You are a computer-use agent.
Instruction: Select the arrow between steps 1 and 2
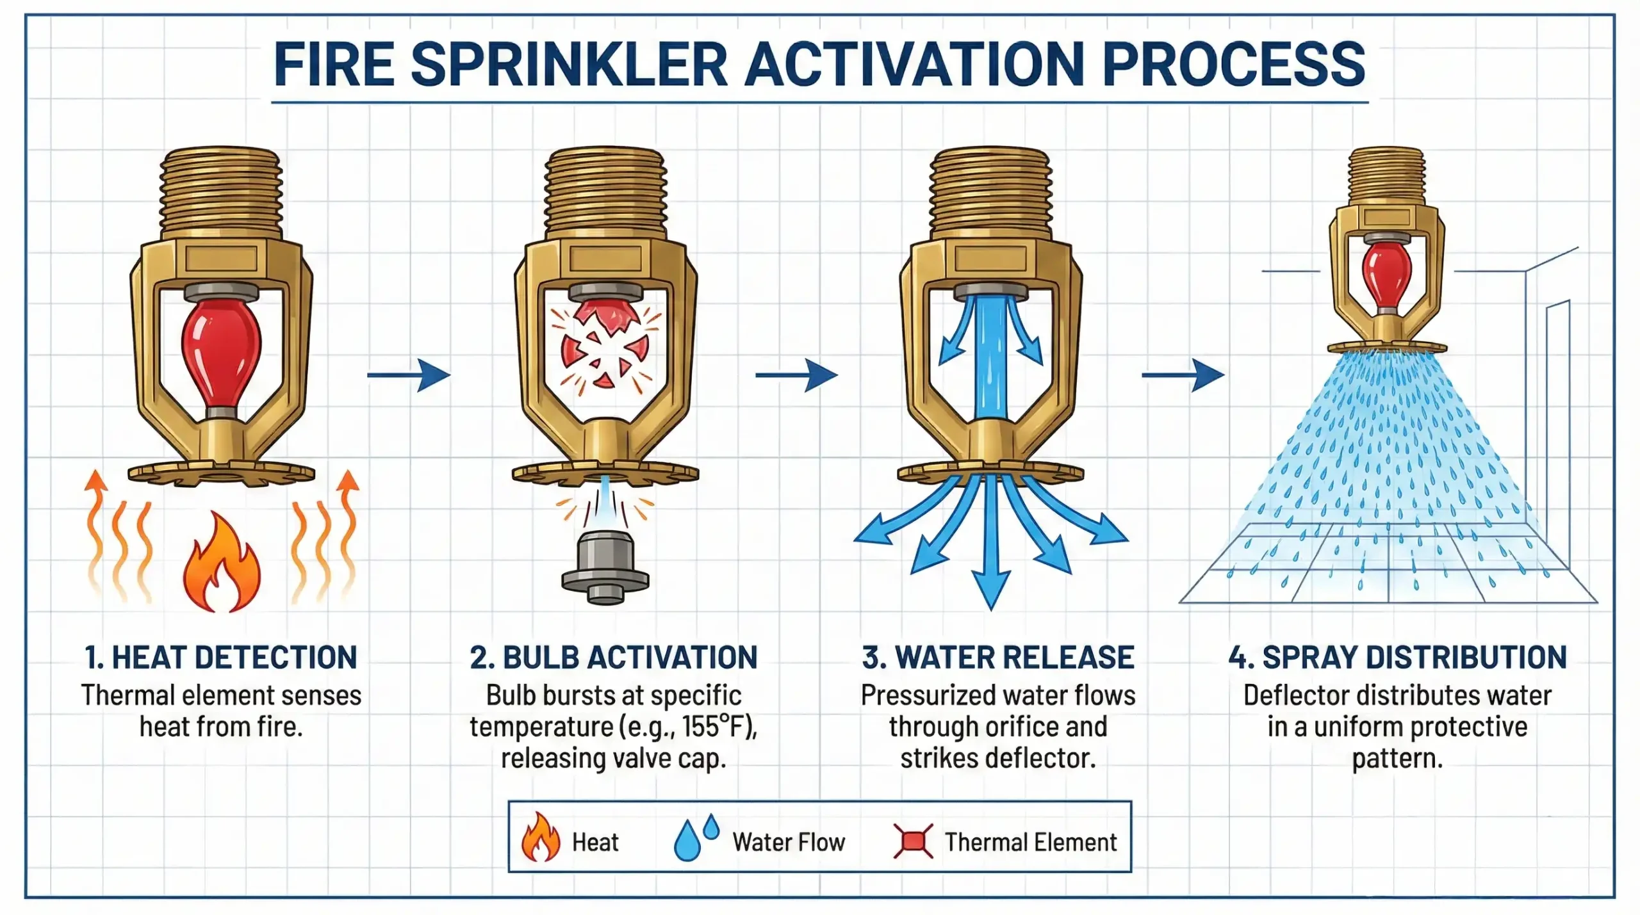pyautogui.click(x=410, y=375)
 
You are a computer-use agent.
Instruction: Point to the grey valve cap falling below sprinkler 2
pyautogui.click(x=605, y=567)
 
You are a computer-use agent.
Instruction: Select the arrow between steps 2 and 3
pyautogui.click(x=798, y=375)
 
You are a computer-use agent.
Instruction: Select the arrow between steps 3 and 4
pyautogui.click(x=1184, y=375)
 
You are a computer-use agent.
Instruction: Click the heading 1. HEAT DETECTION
pyautogui.click(x=221, y=658)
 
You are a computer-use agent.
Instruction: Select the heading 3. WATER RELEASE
pyautogui.click(x=997, y=658)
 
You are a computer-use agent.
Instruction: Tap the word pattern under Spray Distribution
pyautogui.click(x=1397, y=759)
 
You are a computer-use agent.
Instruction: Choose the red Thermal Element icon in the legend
pyautogui.click(x=913, y=841)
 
